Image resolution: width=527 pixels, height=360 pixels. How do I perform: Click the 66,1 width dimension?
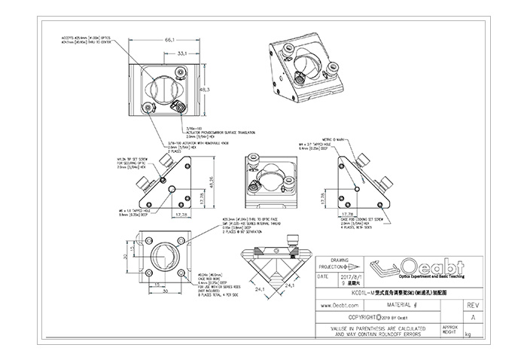point(169,38)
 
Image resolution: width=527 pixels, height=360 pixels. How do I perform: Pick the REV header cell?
point(473,307)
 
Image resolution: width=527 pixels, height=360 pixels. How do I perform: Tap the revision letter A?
point(473,318)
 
